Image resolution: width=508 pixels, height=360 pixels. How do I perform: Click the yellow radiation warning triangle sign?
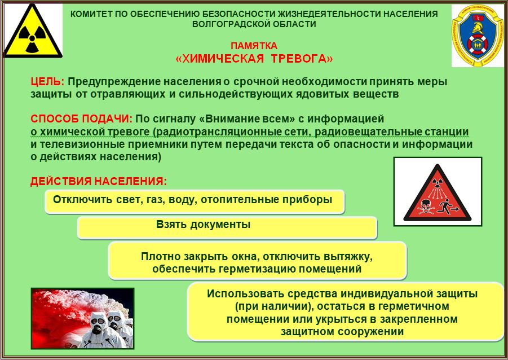pos(32,34)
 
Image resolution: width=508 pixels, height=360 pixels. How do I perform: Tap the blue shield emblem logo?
pos(478,35)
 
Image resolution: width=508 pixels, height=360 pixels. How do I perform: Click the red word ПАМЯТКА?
pos(254,45)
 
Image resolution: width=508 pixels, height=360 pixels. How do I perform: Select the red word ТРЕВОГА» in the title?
pos(302,59)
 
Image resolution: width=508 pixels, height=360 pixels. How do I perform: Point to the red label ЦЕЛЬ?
pos(47,81)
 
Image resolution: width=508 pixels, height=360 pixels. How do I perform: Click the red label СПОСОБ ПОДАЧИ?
pos(81,118)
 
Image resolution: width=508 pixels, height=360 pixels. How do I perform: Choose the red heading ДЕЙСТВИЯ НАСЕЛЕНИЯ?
pos(99,181)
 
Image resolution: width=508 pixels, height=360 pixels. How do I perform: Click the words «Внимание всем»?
pos(246,118)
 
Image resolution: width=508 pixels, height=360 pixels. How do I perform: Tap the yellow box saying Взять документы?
pos(227,228)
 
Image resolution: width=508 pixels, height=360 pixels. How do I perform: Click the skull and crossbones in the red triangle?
pos(425,207)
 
